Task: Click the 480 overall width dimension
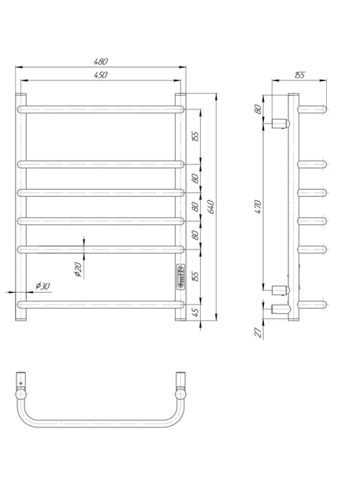101,61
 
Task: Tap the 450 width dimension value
101,75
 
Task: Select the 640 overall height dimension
211,207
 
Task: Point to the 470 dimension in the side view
258,207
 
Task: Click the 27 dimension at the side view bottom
258,332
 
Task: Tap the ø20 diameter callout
78,270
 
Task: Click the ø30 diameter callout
43,286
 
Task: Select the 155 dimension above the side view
299,75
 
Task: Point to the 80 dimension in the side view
258,109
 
